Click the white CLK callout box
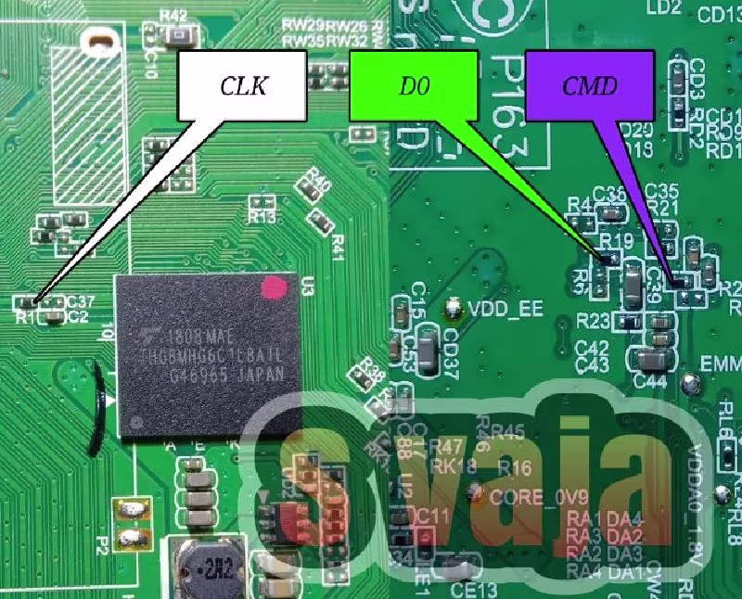pos(242,85)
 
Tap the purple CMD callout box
pos(589,85)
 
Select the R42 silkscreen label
pos(173,15)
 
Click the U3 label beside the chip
pos(307,285)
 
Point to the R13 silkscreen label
pos(262,219)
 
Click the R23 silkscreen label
pos(593,321)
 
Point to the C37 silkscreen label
pos(82,301)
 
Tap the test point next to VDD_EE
pos(454,305)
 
